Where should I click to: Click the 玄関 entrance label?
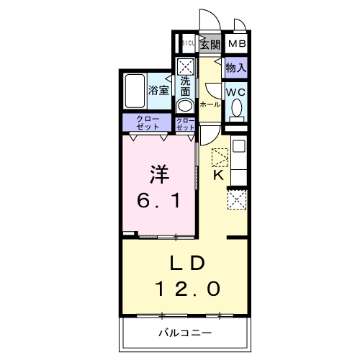210,45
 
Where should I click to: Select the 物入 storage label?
235,68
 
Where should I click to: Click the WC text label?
235,92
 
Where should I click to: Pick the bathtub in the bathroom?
134,91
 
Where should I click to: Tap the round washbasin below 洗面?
184,105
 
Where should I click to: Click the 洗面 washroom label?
185,86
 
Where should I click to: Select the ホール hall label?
210,104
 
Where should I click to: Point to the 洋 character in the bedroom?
160,174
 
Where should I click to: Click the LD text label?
188,261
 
